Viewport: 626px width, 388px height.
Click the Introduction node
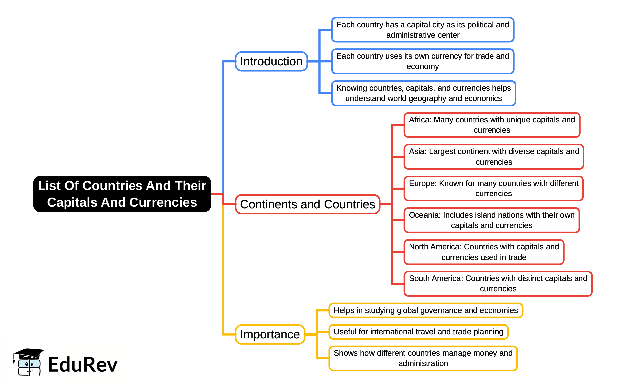pos(271,61)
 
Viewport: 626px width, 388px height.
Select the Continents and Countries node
pos(307,204)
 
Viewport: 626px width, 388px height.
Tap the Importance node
pos(270,334)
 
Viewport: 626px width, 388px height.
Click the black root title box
pos(122,194)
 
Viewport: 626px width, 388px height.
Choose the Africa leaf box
pos(492,125)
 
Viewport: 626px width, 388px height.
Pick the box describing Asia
pos(493,157)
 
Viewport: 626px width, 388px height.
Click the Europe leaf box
pos(493,189)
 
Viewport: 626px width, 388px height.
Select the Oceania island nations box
pos(492,220)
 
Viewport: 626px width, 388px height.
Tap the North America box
pos(484,252)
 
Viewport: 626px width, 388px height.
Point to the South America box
pos(498,283)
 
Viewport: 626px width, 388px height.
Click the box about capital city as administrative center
pos(422,30)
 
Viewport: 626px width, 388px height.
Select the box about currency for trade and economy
pos(422,61)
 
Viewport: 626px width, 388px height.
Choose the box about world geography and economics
pos(423,93)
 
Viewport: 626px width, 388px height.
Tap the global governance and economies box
pos(425,310)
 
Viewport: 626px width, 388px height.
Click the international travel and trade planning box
pos(418,332)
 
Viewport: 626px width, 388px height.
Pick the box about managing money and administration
pos(423,358)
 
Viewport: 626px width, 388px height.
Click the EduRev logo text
pos(83,364)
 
